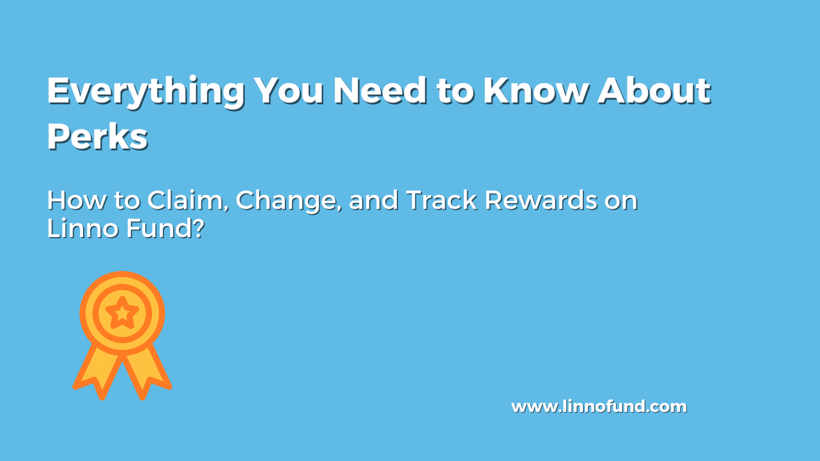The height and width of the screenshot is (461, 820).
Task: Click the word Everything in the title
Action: [146, 91]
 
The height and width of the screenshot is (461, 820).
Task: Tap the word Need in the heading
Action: [380, 90]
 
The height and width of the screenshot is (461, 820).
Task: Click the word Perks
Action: [97, 136]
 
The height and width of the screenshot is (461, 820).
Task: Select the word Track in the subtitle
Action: [442, 200]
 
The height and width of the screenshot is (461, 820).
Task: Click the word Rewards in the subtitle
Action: [541, 200]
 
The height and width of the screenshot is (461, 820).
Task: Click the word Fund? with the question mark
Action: [166, 228]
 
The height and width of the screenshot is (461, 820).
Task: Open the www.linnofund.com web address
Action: [599, 406]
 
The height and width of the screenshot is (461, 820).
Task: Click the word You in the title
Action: [289, 90]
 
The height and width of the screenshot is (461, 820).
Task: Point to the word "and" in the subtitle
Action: [373, 200]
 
